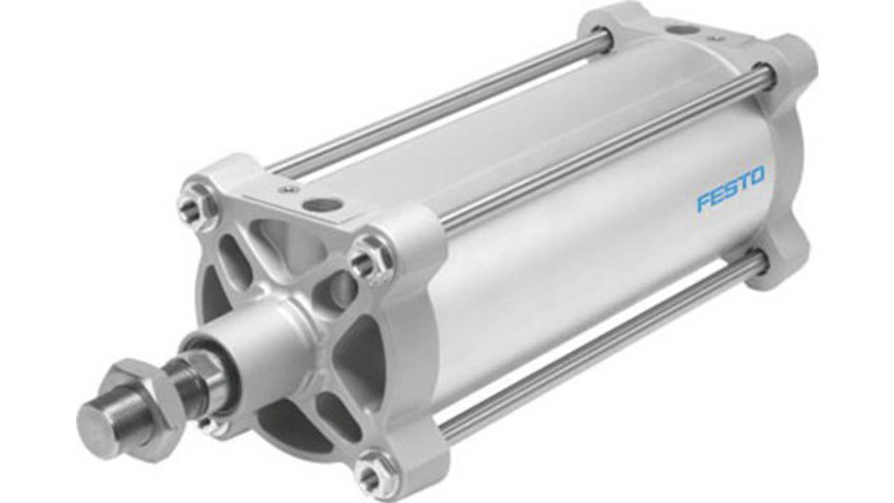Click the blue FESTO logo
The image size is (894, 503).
[x=730, y=188]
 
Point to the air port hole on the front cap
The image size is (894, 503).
[x=322, y=204]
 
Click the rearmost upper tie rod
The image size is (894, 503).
[x=441, y=101]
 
